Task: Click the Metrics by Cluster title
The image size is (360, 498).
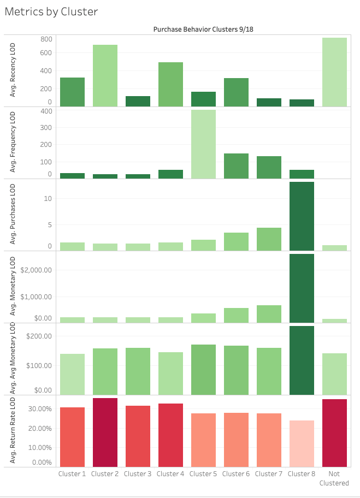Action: (x=51, y=11)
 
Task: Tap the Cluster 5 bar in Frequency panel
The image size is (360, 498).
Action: (x=203, y=144)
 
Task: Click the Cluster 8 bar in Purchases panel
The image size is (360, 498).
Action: (x=302, y=216)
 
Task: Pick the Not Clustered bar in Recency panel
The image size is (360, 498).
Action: (x=334, y=72)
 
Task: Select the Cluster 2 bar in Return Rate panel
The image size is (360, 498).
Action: (x=105, y=432)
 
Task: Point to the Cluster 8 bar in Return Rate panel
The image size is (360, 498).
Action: (x=302, y=443)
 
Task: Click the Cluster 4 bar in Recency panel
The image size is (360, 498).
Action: (x=170, y=85)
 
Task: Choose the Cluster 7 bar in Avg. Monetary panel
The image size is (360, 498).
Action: (x=269, y=314)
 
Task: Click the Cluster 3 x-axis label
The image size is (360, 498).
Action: (x=138, y=474)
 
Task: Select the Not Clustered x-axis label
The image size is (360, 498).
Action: (x=334, y=478)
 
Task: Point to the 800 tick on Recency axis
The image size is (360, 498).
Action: (x=46, y=39)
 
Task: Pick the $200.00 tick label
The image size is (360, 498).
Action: (x=37, y=336)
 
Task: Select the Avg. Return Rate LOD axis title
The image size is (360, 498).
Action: (x=13, y=431)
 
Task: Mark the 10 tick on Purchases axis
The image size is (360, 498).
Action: (x=48, y=198)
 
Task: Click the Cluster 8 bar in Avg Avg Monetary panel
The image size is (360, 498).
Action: (x=302, y=360)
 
